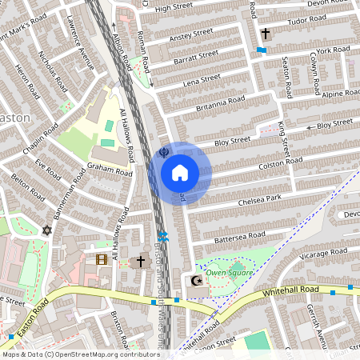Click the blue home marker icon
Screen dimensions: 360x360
click(180, 173)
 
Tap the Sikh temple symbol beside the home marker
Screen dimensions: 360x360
click(164, 151)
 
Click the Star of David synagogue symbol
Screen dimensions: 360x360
click(46, 230)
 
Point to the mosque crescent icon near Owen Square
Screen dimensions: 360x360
click(197, 281)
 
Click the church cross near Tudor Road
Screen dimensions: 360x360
click(265, 34)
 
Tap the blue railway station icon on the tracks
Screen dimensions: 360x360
click(163, 236)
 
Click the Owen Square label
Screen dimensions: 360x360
click(230, 273)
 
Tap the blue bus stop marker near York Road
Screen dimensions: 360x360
click(262, 50)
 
